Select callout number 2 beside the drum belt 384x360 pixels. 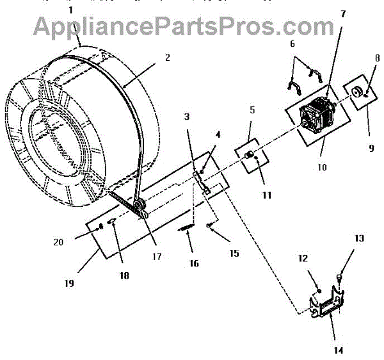(167, 57)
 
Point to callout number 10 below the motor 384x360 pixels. (321, 167)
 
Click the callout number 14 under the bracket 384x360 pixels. (338, 350)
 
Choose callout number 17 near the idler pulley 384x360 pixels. (156, 257)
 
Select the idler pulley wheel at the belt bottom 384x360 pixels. (139, 207)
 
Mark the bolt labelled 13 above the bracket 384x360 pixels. (339, 277)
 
